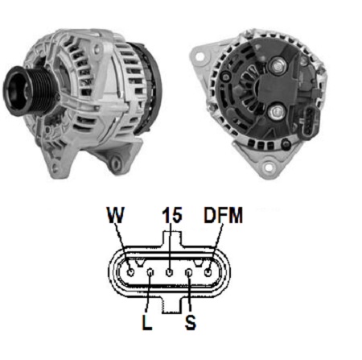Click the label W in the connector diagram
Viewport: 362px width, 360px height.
click(x=115, y=215)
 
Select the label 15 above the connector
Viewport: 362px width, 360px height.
click(x=172, y=215)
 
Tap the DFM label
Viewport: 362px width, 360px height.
click(x=223, y=215)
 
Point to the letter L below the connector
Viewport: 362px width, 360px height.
click(x=146, y=322)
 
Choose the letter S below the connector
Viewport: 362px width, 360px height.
click(x=191, y=322)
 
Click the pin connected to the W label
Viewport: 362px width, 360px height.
click(x=130, y=272)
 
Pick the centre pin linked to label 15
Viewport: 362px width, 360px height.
click(x=169, y=272)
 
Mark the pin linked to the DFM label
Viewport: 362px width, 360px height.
click(x=208, y=272)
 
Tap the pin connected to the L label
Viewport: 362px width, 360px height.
click(x=150, y=273)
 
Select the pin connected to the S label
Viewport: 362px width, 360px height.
click(x=189, y=273)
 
